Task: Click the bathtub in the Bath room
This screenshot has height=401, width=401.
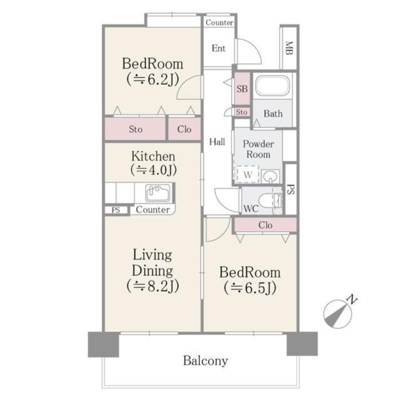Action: [x=272, y=86]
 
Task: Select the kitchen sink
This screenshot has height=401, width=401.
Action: [x=158, y=192]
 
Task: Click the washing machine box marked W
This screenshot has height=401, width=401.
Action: [x=247, y=174]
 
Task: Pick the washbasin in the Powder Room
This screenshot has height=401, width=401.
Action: [x=270, y=176]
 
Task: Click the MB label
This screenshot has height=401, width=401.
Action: [x=289, y=48]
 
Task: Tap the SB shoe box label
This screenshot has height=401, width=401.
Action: [x=242, y=89]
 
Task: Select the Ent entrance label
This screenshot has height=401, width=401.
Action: [x=219, y=48]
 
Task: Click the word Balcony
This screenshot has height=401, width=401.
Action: [x=206, y=361]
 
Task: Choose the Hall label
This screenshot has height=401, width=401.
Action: [x=217, y=142]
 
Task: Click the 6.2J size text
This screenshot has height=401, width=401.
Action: [x=152, y=80]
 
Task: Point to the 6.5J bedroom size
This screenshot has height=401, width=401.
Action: [x=250, y=288]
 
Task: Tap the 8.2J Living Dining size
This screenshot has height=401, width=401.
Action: [x=152, y=286]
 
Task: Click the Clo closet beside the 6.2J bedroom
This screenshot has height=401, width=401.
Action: [x=184, y=129]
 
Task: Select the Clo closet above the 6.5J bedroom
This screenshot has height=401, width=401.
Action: [x=265, y=225]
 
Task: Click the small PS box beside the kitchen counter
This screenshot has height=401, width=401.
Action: [x=116, y=210]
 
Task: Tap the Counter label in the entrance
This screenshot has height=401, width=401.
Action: [x=220, y=23]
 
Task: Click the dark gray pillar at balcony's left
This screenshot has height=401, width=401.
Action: [x=103, y=344]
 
